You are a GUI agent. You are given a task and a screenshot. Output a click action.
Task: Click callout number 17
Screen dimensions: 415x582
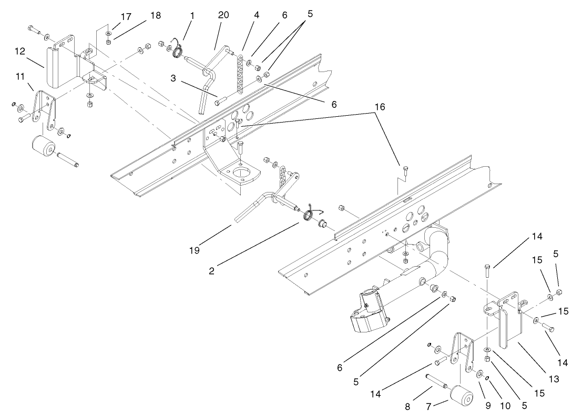pos(126,16)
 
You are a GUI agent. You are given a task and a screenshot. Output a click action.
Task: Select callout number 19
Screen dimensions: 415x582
pos(195,250)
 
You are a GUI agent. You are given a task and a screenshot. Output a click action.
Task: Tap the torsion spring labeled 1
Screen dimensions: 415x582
pos(179,53)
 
